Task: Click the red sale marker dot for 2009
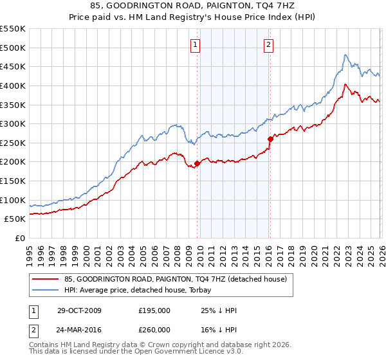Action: pyautogui.click(x=197, y=163)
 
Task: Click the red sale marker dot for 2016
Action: pyautogui.click(x=270, y=139)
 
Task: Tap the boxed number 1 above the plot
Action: pyautogui.click(x=196, y=44)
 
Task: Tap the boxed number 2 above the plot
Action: pyautogui.click(x=268, y=44)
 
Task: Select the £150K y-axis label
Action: pyautogui.click(x=13, y=181)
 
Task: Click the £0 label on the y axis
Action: pyautogui.click(x=19, y=238)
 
